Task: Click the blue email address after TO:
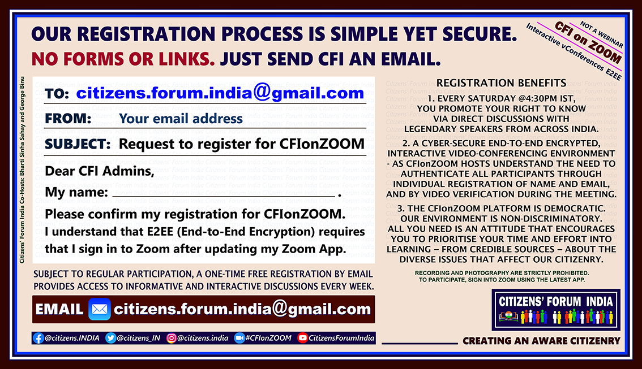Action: click(x=220, y=93)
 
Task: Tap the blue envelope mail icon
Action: click(x=100, y=309)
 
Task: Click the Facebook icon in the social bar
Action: click(x=38, y=338)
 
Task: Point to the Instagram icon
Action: click(x=172, y=338)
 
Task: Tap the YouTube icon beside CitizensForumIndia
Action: click(x=302, y=338)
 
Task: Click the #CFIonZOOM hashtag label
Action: click(x=268, y=338)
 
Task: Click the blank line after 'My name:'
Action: click(x=224, y=197)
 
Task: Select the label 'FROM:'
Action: click(x=68, y=119)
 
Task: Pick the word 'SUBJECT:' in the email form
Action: click(x=78, y=144)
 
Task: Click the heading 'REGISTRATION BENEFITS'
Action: click(x=501, y=83)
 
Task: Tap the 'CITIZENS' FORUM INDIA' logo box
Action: click(x=556, y=309)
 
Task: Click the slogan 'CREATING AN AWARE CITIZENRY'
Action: click(x=541, y=341)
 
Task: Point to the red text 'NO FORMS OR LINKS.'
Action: click(x=123, y=59)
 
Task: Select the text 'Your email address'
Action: click(x=181, y=119)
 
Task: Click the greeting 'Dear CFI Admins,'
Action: click(x=100, y=171)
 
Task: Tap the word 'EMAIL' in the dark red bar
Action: click(x=59, y=309)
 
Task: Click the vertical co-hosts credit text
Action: click(x=22, y=170)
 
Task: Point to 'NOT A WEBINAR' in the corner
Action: click(x=601, y=34)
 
